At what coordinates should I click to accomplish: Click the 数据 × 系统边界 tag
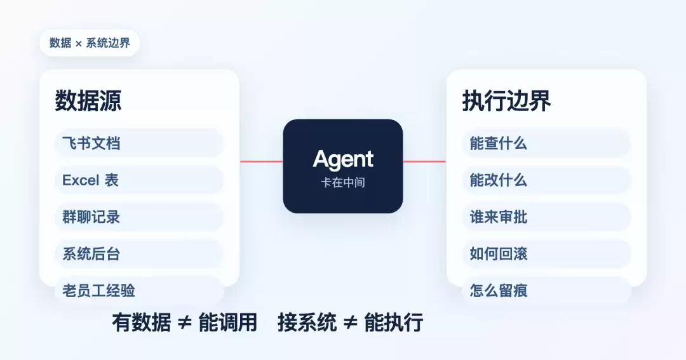(90, 43)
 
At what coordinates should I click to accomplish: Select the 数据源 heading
(88, 100)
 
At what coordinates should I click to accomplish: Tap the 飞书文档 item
(139, 143)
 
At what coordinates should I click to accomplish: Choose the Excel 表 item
(139, 180)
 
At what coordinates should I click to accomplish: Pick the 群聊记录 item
(139, 217)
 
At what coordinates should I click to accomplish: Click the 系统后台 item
(139, 254)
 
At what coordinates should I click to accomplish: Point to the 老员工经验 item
(139, 290)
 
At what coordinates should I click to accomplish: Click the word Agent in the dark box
(343, 159)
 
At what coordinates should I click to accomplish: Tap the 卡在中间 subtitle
(343, 182)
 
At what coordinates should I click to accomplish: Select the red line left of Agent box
(262, 161)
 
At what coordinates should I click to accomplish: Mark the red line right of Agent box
(424, 161)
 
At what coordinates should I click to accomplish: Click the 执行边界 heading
(507, 100)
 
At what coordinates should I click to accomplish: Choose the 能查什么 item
(546, 143)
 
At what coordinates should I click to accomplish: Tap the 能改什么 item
(546, 180)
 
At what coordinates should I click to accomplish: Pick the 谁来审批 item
(546, 217)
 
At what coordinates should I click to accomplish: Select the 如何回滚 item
(546, 254)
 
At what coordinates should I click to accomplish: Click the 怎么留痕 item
(546, 290)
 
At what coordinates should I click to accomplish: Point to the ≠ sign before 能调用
(185, 323)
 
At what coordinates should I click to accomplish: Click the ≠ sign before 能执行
(350, 323)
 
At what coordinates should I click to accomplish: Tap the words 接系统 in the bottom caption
(307, 323)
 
